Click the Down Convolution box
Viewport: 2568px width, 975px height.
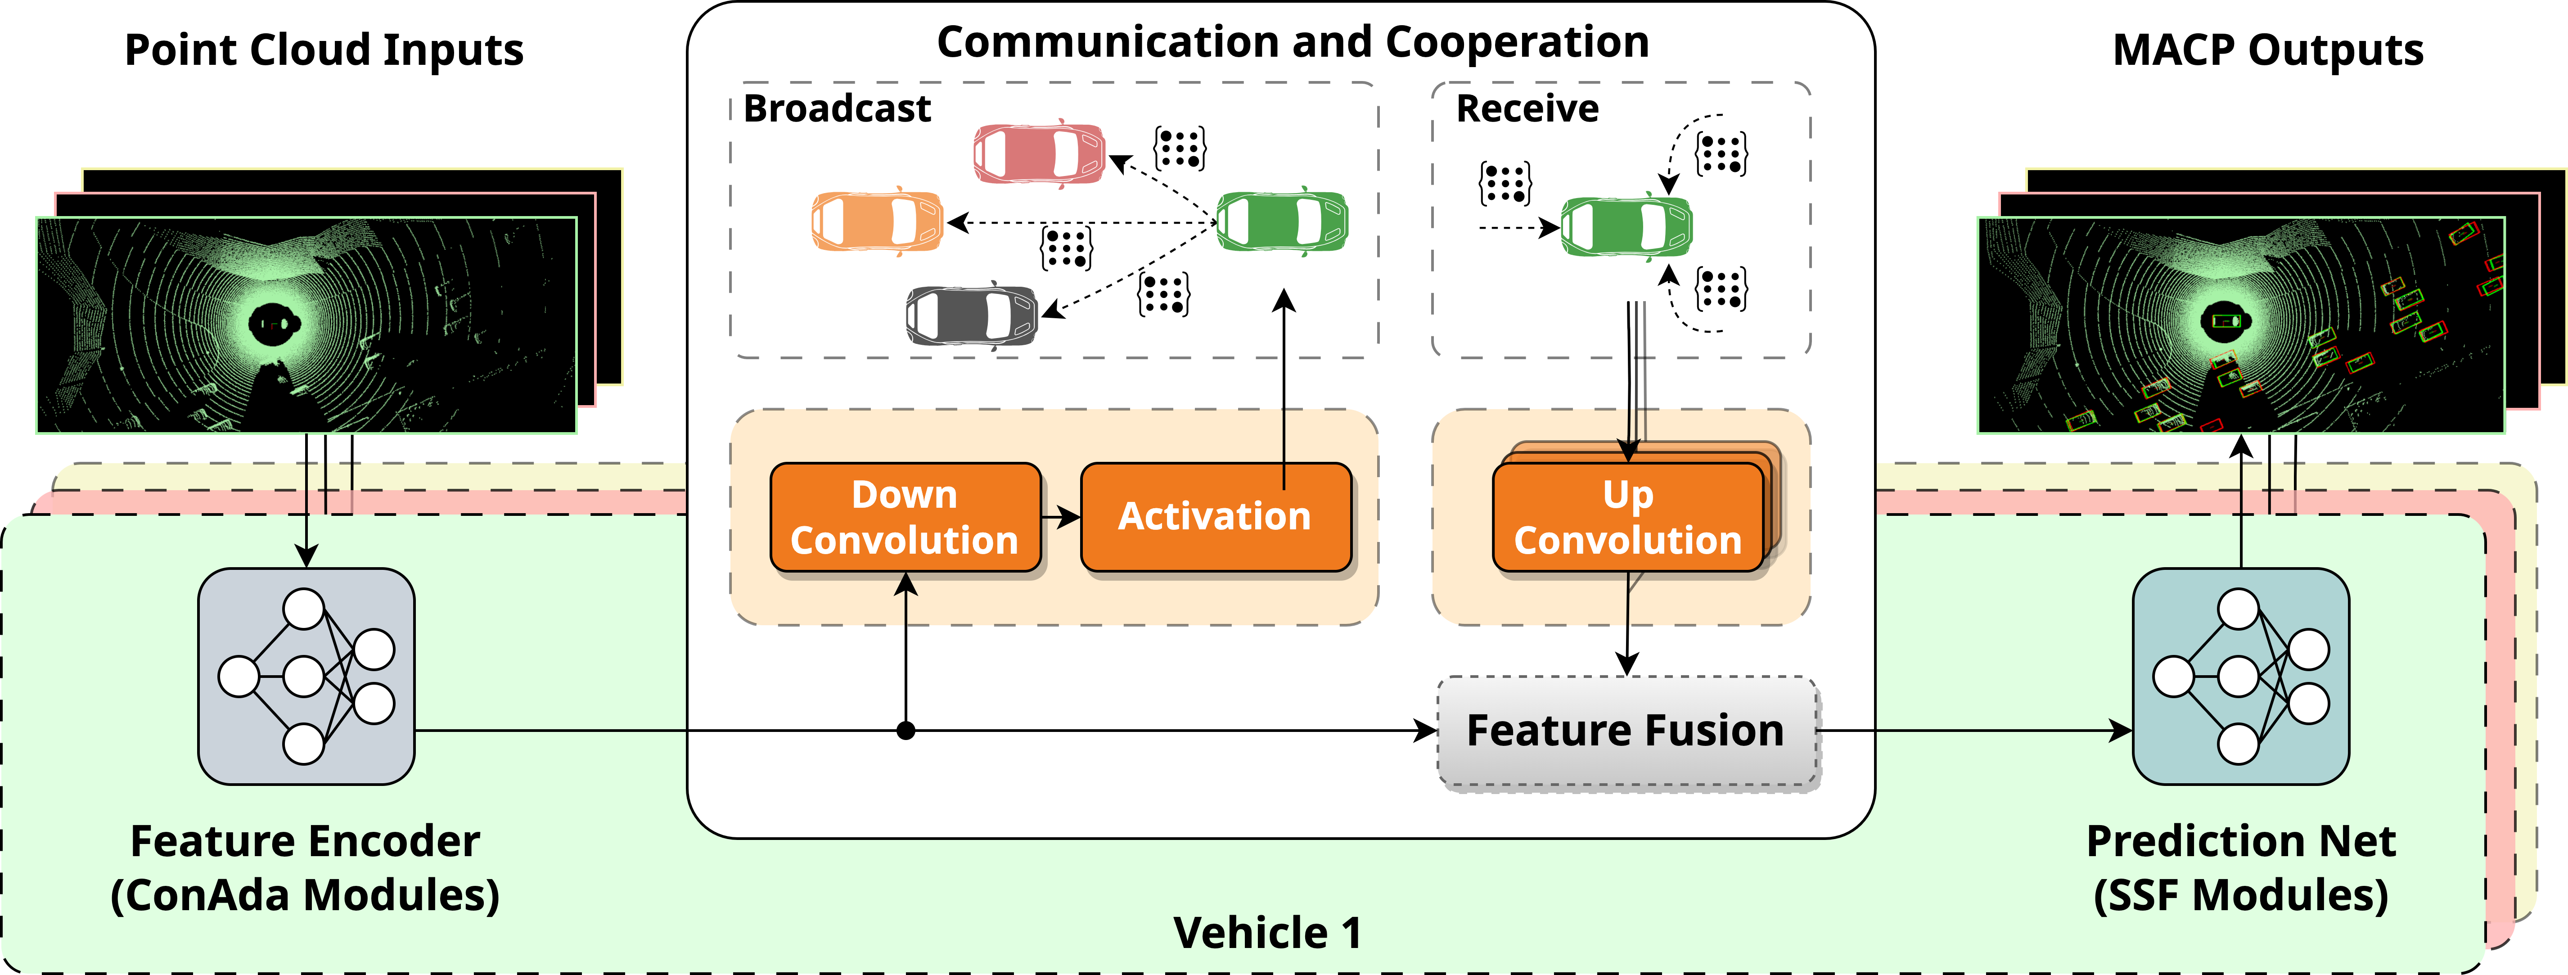(905, 517)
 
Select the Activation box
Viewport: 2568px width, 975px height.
(1215, 517)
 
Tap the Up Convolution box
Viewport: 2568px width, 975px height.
(1628, 517)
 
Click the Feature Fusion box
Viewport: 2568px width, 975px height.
(1627, 731)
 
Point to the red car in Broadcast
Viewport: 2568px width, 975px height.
(1039, 153)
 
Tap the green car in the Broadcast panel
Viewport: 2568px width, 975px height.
(1282, 220)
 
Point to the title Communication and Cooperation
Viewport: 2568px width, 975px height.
(1293, 42)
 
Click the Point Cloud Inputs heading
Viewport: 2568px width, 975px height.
(324, 50)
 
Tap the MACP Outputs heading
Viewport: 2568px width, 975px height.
(2268, 50)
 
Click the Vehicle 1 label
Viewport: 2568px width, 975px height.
(1267, 933)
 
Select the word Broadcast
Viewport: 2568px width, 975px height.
(838, 108)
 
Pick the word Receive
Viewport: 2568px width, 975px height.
(1527, 108)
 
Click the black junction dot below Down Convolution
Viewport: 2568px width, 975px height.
(905, 731)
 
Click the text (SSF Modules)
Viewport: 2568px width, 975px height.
(2241, 895)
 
